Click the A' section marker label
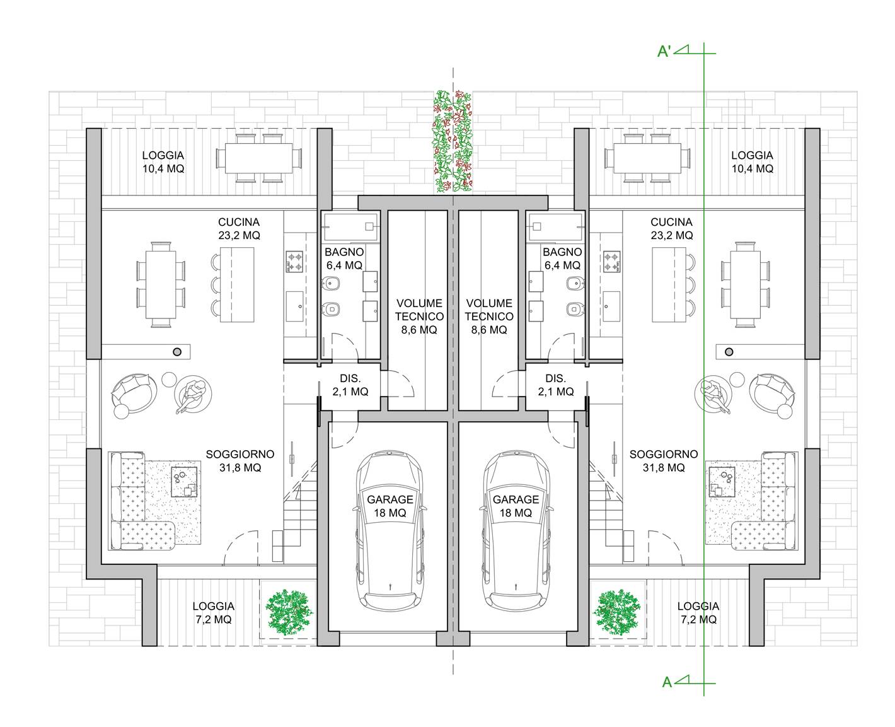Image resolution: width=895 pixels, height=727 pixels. click(x=664, y=52)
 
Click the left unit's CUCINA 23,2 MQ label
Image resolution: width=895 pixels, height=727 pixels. click(x=239, y=228)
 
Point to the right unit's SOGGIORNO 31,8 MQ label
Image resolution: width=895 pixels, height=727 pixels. click(x=664, y=460)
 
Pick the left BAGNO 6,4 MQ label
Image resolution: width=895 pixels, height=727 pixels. click(x=344, y=259)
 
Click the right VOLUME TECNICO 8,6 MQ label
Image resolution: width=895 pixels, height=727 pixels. click(x=488, y=316)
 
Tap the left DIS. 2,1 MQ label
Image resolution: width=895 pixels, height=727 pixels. click(x=350, y=385)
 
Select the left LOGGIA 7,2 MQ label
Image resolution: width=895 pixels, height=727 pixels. click(x=214, y=612)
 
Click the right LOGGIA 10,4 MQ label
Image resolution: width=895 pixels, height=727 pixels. click(x=752, y=162)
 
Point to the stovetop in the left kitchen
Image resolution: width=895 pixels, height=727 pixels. click(x=294, y=262)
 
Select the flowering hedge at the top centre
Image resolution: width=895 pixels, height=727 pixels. click(x=453, y=141)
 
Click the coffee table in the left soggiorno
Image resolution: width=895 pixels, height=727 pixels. click(x=184, y=482)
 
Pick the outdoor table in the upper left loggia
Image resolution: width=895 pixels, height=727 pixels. click(x=259, y=158)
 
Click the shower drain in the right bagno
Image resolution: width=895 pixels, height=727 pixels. click(x=536, y=226)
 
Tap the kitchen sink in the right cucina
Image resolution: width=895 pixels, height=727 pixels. click(x=611, y=306)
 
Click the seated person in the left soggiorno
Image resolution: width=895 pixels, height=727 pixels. click(x=193, y=393)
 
